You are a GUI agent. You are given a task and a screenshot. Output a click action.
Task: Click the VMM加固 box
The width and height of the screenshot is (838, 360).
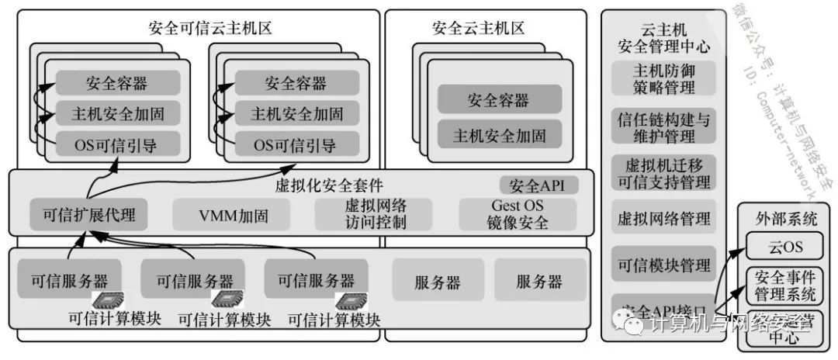coord(230,215)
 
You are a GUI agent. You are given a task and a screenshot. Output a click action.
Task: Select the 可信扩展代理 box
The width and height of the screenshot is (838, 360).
coord(88,215)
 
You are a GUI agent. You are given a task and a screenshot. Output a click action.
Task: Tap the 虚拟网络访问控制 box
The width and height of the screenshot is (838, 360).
coord(376,215)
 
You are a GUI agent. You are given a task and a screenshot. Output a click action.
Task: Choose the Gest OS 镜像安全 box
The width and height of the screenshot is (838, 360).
coord(518,215)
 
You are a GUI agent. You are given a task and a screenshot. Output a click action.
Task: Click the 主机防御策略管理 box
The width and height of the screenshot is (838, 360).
coord(664,78)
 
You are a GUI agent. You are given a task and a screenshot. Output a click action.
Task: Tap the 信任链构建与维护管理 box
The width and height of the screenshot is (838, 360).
coord(664,127)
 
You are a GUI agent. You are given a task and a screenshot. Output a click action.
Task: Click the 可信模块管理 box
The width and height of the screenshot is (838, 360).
coord(664,265)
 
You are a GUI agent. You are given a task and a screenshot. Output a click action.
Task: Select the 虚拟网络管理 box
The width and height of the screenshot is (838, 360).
coord(664,219)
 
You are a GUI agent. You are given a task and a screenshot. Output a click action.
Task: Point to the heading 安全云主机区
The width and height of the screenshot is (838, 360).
coord(478,29)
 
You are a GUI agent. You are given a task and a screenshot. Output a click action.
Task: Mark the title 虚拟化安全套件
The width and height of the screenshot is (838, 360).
coord(329,186)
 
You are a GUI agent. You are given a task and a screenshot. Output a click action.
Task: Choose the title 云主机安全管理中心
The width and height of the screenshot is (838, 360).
coord(664,38)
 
